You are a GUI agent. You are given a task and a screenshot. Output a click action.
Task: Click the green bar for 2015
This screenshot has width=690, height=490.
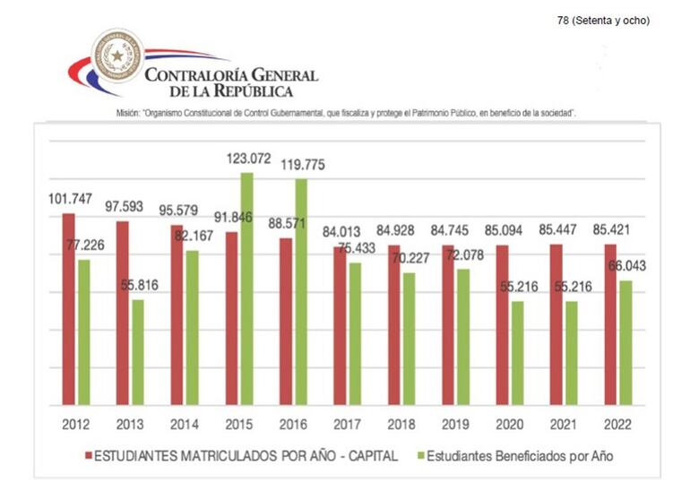coord(246,288)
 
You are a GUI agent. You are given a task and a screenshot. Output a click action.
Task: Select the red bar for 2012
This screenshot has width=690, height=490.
coord(68,308)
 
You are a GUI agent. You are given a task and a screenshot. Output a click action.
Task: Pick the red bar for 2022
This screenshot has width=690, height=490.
coord(610,323)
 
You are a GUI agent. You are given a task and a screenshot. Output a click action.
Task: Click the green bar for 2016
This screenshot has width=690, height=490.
coord(300,291)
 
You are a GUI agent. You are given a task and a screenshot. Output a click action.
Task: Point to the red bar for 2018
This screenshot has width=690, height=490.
coord(393,324)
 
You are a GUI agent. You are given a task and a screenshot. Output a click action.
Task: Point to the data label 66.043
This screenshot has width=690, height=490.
coord(626,266)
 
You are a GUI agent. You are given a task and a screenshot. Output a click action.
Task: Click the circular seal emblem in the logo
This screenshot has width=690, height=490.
coord(116,56)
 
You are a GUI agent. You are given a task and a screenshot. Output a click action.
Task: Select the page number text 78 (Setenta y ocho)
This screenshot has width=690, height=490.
coord(603,21)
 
